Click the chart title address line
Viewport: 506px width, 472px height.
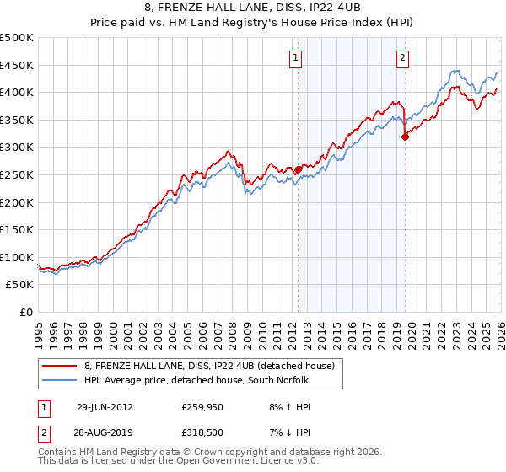click(x=253, y=8)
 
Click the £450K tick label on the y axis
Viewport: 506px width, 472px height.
click(x=17, y=65)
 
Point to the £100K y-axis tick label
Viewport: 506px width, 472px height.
click(x=17, y=257)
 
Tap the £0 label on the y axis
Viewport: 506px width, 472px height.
click(x=27, y=312)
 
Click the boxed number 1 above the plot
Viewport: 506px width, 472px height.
click(x=297, y=58)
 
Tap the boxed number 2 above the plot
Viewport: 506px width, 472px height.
click(x=403, y=58)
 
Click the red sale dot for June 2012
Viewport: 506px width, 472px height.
click(x=298, y=169)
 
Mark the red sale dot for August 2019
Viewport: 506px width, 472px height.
click(x=405, y=137)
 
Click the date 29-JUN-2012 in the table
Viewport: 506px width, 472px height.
click(x=105, y=406)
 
